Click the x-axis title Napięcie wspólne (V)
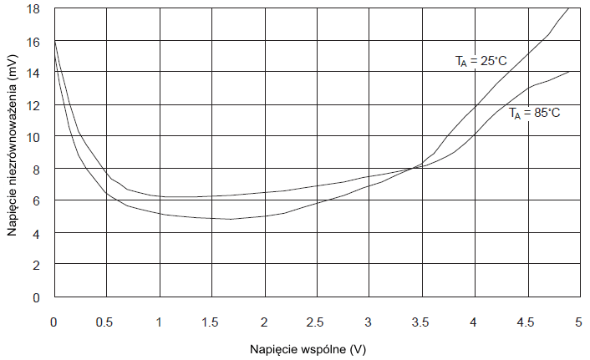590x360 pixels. point(307,347)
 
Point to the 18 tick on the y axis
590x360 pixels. point(33,9)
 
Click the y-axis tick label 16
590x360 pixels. point(33,41)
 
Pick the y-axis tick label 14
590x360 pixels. point(33,73)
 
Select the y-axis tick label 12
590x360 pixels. point(33,105)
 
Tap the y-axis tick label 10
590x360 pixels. point(33,137)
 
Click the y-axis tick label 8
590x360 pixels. point(37,169)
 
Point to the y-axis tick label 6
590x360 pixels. point(37,201)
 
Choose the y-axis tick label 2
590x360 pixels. point(37,265)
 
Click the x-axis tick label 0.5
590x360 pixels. point(106,322)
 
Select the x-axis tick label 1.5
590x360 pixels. point(211,322)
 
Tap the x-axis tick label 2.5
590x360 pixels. point(316,322)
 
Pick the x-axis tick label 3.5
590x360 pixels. point(420,322)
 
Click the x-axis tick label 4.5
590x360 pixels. point(526,322)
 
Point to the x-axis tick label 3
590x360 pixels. point(369,322)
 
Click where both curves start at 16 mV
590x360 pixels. point(54,41)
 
